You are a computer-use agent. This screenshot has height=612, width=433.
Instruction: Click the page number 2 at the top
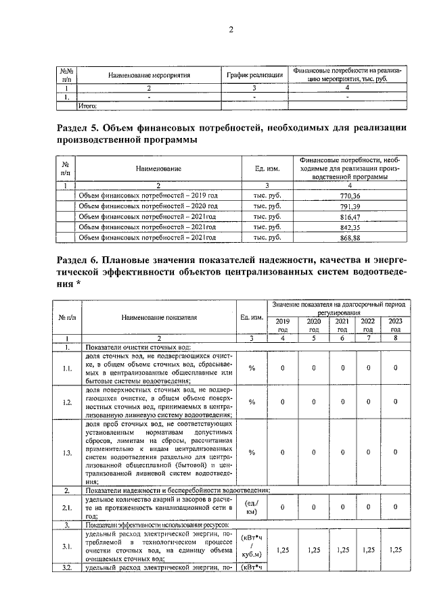(230, 29)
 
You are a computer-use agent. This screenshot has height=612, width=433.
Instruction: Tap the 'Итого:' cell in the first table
(89, 105)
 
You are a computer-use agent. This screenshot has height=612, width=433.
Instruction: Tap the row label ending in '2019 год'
(148, 195)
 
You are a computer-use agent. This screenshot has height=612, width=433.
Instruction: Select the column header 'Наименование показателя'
(159, 316)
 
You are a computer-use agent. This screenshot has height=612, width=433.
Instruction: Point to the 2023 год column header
(396, 325)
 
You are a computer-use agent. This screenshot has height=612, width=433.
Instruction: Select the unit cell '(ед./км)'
(252, 507)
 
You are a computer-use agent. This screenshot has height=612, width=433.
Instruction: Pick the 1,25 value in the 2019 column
(283, 550)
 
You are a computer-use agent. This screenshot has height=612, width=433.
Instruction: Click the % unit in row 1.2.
(252, 402)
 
